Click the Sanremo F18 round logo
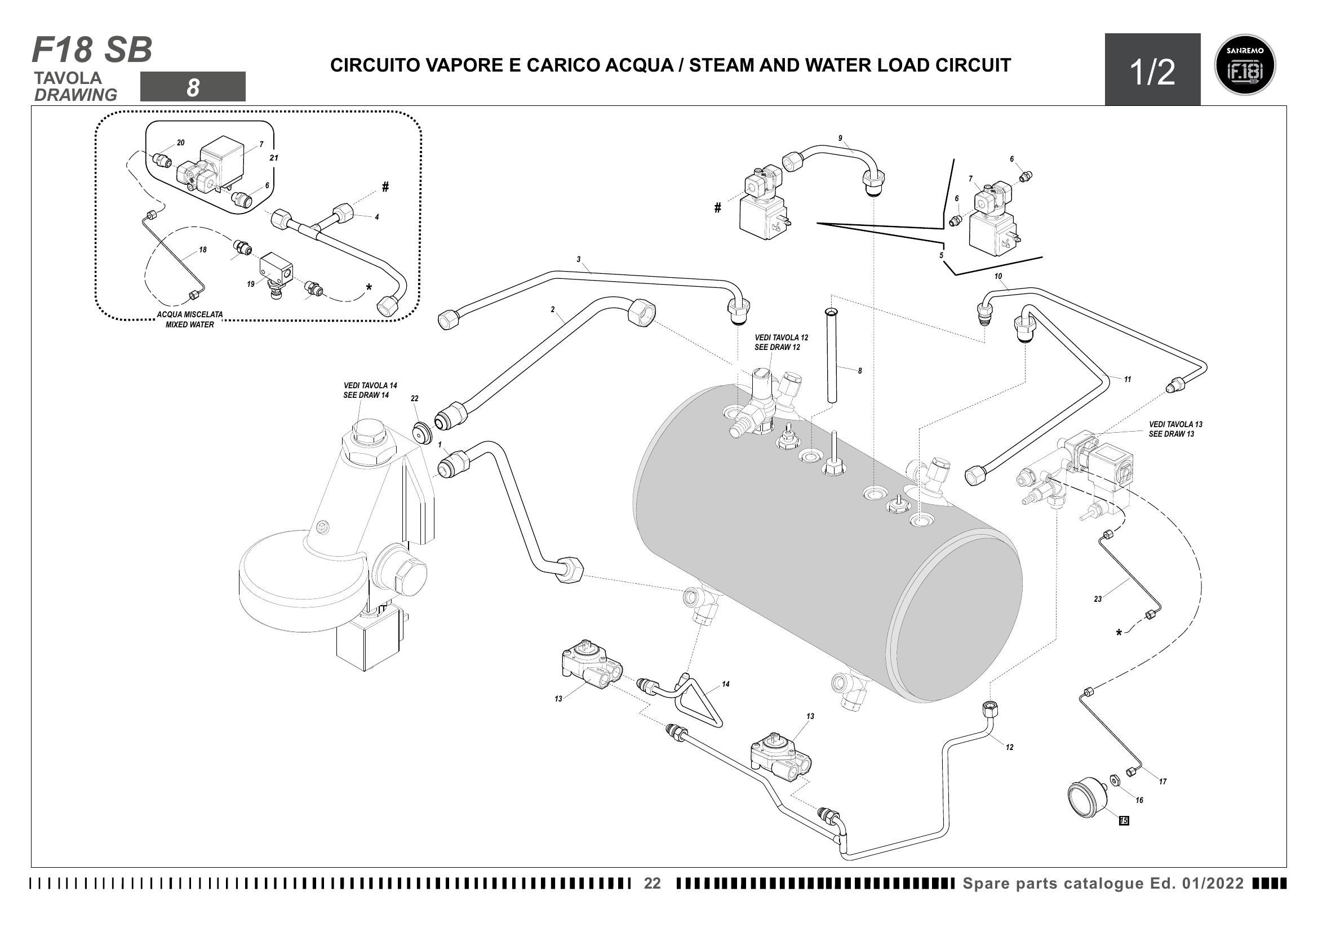[x=1245, y=65]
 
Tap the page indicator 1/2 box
[x=1152, y=70]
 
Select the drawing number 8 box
[x=193, y=87]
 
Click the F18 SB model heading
[x=92, y=50]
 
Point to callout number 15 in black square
[x=1124, y=820]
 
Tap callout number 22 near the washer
[x=415, y=398]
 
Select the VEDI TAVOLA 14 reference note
[x=370, y=390]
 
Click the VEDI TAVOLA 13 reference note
[x=1175, y=429]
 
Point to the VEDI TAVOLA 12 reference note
[x=780, y=343]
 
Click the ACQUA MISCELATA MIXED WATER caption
[x=189, y=319]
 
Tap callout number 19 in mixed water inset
[x=251, y=284]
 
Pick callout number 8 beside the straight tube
[x=859, y=371]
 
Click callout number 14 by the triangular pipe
[x=726, y=684]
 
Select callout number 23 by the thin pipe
[x=1098, y=599]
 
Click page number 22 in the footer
[x=652, y=883]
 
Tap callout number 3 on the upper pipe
[x=579, y=259]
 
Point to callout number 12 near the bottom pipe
[x=1009, y=747]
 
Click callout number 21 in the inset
[x=274, y=158]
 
